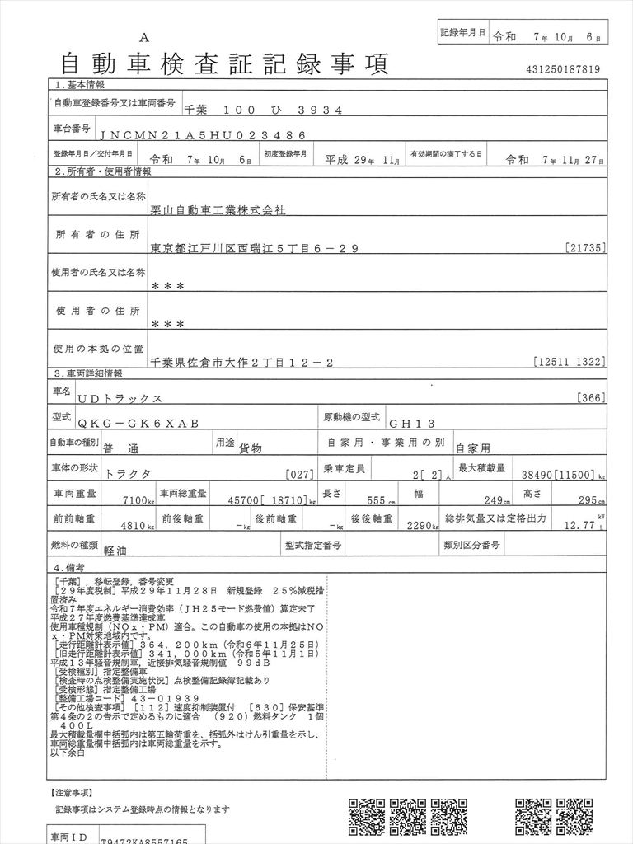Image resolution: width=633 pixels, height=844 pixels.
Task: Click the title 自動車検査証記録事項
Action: (x=225, y=63)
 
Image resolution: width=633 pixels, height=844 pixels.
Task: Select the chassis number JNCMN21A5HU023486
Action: (x=203, y=134)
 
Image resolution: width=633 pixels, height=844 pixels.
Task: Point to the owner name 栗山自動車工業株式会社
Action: (x=218, y=210)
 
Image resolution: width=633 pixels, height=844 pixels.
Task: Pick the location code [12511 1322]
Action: (x=570, y=361)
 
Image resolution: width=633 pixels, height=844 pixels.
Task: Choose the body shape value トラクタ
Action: (x=129, y=474)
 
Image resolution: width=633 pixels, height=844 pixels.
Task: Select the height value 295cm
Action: (x=589, y=499)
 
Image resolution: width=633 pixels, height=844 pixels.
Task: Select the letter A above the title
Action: (x=145, y=37)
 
